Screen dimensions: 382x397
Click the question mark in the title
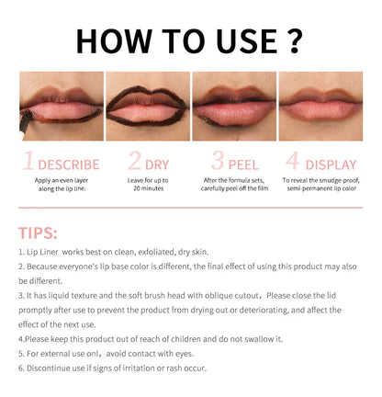click(x=295, y=41)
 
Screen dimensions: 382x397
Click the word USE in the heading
click(x=247, y=41)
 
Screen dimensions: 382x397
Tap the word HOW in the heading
click(x=114, y=41)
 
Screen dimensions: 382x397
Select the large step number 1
click(x=28, y=160)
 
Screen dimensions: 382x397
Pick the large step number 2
click(x=134, y=160)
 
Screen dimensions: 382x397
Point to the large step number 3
click(x=218, y=160)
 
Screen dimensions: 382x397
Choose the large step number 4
click(x=293, y=160)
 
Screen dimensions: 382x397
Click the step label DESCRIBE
click(x=69, y=164)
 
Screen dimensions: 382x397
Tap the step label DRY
click(x=157, y=164)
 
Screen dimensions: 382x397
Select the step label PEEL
click(x=243, y=164)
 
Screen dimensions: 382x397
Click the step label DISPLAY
click(x=331, y=164)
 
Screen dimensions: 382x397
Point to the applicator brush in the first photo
click(x=25, y=122)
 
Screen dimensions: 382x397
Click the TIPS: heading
click(x=38, y=233)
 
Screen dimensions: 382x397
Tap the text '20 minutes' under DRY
click(x=149, y=188)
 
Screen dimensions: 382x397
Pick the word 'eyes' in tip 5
click(x=184, y=354)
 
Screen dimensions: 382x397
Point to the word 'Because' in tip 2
click(x=41, y=267)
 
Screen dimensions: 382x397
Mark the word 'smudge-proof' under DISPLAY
click(x=340, y=180)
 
